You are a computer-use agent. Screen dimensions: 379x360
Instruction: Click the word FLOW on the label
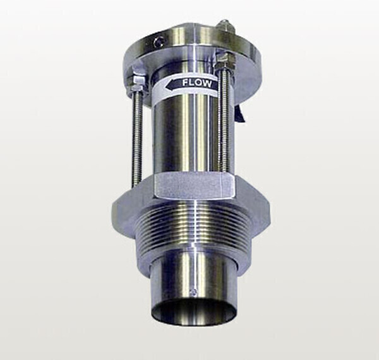[x=196, y=83]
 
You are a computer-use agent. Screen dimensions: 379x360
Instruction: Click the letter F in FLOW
[x=185, y=83]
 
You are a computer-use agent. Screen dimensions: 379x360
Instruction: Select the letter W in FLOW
[x=207, y=84]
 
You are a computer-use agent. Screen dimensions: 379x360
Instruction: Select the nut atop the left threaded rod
[x=137, y=81]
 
